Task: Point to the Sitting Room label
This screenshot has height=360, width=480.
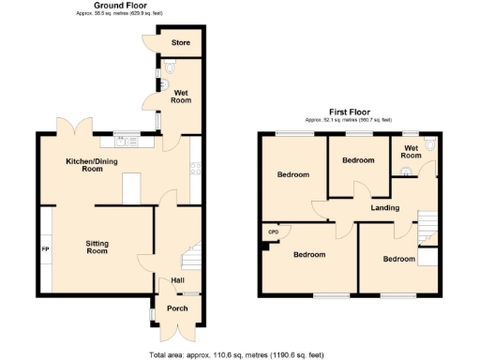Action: (97, 247)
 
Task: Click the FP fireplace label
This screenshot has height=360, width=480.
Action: (44, 248)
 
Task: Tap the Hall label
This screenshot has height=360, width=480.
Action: (177, 279)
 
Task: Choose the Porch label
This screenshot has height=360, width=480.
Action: (177, 307)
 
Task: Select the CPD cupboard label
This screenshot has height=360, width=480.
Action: (274, 232)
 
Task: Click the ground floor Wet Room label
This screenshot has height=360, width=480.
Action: (181, 96)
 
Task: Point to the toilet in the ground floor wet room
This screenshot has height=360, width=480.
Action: (169, 68)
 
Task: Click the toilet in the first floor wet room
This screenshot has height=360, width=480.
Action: (429, 144)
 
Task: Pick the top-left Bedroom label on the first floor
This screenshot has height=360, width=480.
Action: (292, 174)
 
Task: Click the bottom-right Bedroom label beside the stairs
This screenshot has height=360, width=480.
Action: (398, 259)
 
